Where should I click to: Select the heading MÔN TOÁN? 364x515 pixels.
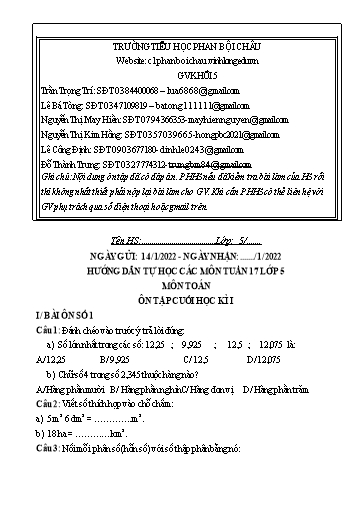pos(181,284)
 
